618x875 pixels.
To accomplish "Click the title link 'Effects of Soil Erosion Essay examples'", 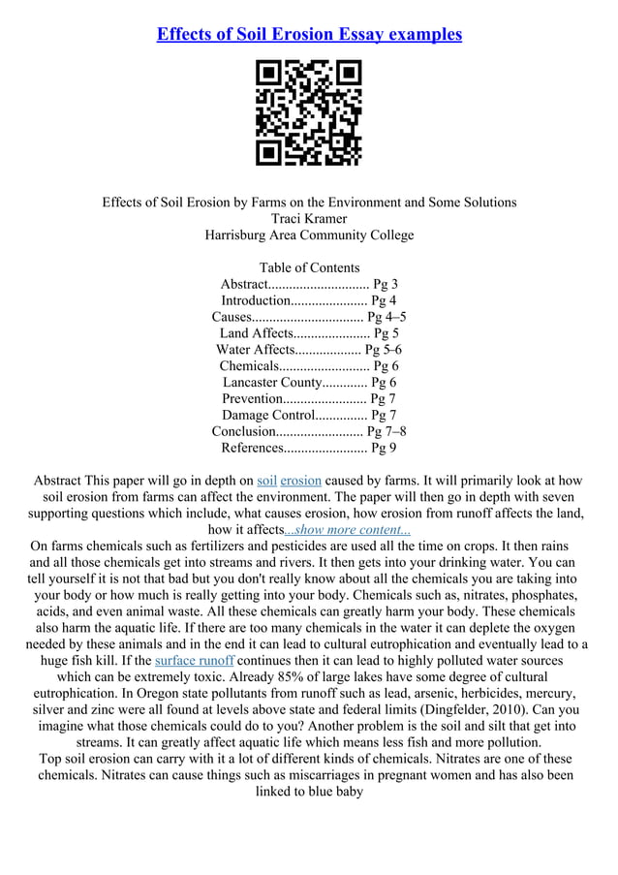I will point(309,35).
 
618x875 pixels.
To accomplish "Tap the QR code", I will point(308,112).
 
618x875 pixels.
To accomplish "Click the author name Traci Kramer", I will point(309,219).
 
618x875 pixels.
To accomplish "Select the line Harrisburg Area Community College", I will point(309,235).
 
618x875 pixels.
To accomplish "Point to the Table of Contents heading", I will point(309,267).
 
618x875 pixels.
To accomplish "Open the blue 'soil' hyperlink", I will point(267,481).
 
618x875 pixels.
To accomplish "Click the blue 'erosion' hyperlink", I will point(300,481).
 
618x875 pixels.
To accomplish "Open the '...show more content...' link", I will point(347,530).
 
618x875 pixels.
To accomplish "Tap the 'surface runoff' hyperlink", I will point(194,661).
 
